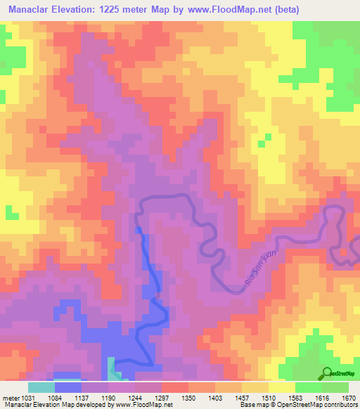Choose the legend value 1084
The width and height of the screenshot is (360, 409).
pos(68,397)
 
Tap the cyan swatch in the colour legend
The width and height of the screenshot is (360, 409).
pos(41,387)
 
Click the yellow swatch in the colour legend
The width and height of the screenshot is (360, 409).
pos(281,387)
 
